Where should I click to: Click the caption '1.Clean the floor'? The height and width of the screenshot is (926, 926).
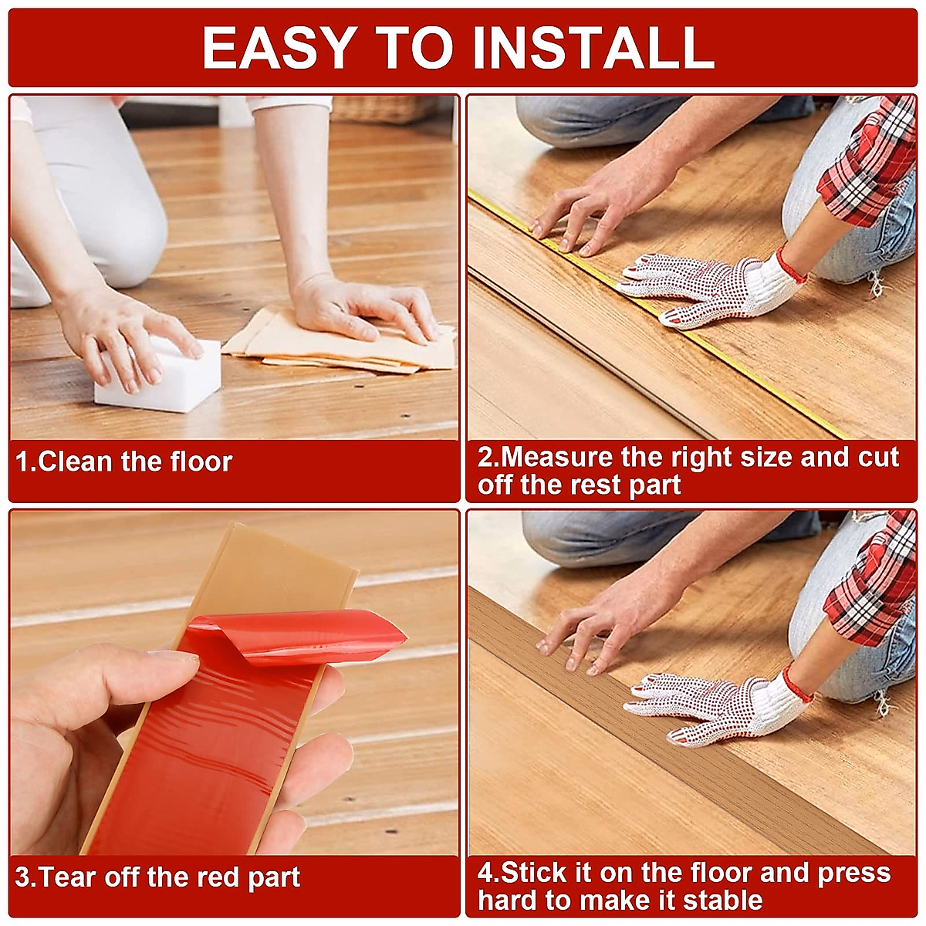coord(124,462)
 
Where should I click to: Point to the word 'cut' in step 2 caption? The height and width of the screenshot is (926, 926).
coord(878,458)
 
